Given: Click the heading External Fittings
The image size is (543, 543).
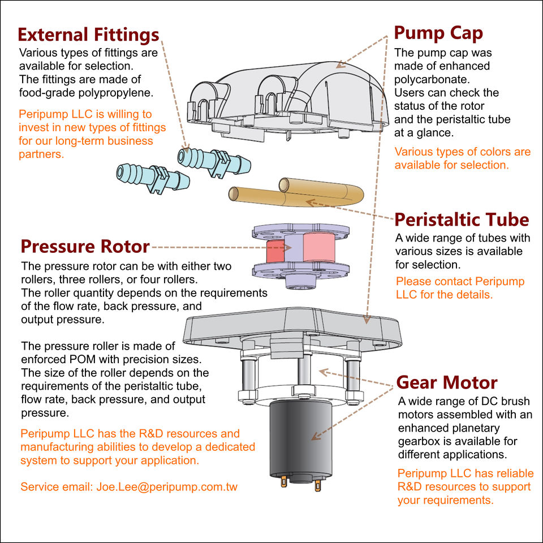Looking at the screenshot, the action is point(88,35).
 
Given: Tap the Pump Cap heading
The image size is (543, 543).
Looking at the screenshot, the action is point(438,33).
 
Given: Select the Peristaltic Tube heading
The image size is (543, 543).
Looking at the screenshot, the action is point(462,219).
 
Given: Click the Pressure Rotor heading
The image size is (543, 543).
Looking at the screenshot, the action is point(85,246).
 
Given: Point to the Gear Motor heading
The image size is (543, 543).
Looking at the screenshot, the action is point(447,382).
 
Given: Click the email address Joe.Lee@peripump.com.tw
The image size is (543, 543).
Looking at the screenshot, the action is point(167,486).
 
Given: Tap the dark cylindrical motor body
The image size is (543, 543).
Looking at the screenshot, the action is point(301,440).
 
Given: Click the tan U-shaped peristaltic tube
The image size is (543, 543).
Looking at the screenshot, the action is point(296,192).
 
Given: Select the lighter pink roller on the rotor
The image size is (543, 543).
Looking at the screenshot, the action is point(319,247).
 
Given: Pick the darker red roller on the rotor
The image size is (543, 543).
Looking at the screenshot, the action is point(275,251).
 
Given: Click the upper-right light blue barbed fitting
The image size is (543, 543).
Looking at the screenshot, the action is point(214,161).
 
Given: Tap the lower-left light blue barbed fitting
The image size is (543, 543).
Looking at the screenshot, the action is point(153,177).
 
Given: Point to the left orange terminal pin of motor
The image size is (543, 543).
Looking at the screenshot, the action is point(284,481).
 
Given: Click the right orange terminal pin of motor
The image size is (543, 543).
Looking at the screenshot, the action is point(318,485).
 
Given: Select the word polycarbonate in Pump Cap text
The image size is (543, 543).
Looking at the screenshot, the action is point(432,79).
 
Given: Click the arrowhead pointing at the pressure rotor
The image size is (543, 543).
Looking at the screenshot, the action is point(287,248).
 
